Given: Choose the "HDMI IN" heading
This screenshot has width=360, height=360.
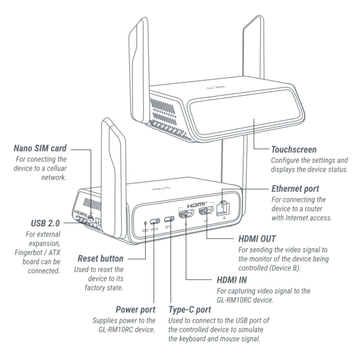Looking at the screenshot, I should pyautogui.click(x=226, y=279).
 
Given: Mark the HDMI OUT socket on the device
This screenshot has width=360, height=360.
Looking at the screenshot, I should pyautogui.click(x=205, y=211).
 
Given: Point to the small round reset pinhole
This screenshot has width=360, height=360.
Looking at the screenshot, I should pyautogui.click(x=146, y=222).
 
